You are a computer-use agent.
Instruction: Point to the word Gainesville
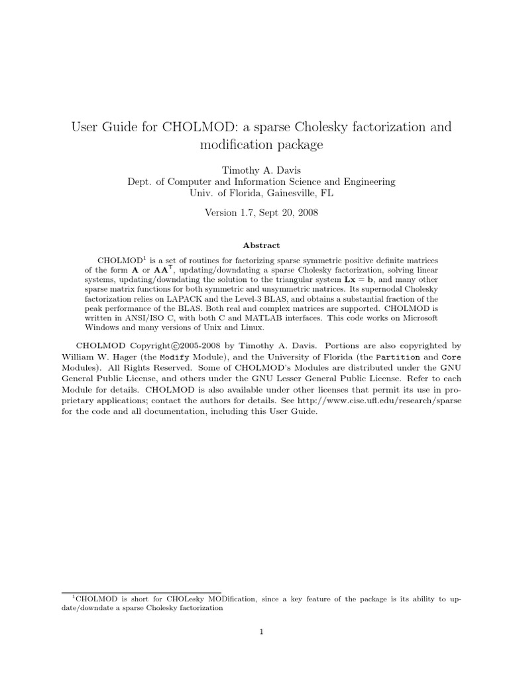point(292,194)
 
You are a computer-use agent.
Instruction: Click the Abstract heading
point(261,245)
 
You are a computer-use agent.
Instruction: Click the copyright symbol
point(176,345)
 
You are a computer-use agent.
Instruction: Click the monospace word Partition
point(397,357)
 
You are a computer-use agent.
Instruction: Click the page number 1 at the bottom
point(262,631)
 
